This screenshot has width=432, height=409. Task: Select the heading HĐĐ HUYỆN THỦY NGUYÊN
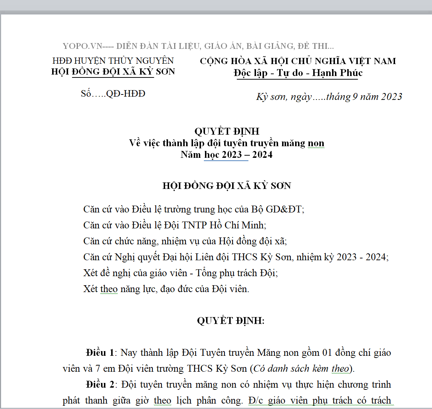point(113,61)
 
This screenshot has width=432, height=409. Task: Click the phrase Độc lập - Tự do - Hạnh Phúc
point(298,73)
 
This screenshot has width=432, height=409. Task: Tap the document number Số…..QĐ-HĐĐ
point(113,94)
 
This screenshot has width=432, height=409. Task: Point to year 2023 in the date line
point(391,97)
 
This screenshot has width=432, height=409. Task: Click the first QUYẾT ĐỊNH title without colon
point(227,131)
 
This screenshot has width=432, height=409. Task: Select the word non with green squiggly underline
point(316,143)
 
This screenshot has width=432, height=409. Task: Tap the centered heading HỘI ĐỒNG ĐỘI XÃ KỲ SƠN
point(227,186)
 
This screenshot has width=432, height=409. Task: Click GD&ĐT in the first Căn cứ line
point(284,210)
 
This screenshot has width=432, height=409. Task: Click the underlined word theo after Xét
point(109,289)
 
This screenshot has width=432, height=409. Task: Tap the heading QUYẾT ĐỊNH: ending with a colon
point(231,321)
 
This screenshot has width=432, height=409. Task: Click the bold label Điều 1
point(100,353)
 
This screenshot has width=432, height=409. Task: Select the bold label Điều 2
point(100,385)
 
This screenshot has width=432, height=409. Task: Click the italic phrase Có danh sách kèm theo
point(301,369)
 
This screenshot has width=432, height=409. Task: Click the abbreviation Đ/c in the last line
point(256,401)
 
